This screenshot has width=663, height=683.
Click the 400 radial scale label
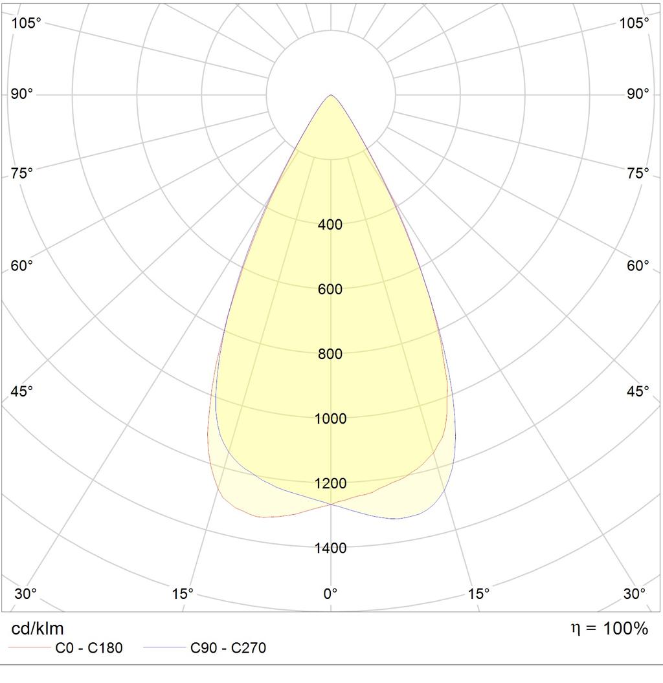330,225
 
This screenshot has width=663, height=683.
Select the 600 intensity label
330,289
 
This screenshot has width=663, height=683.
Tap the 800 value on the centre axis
330,354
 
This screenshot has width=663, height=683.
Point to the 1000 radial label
330,418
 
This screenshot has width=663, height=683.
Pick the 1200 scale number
330,483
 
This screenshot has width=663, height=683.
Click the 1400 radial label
330,548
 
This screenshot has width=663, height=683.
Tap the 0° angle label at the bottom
330,593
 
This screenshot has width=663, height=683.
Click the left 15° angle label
183,593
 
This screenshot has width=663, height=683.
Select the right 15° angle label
479,593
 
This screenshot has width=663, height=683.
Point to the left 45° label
22,391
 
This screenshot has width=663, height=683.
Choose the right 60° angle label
638,265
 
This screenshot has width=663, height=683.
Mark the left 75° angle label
22,173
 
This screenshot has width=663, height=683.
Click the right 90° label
638,94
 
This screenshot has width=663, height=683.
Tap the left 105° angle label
26,23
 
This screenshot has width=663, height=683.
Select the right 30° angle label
635,593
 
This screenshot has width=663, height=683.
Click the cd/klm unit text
38,629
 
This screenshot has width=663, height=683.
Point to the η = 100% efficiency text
609,628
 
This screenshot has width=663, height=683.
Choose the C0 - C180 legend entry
65,647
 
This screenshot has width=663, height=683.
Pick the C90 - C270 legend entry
205,647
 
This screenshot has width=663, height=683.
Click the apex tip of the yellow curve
331,94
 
